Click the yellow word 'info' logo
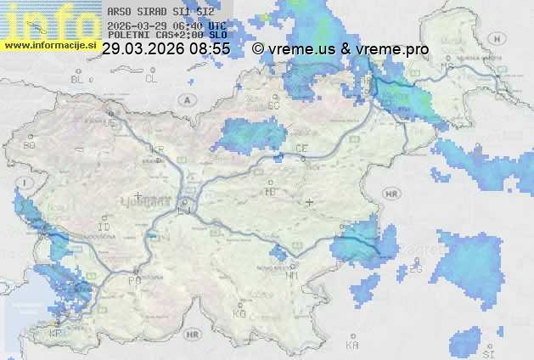coord(47,19)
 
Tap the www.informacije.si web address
coord(50,44)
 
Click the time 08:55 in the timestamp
coord(210,49)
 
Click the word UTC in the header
coord(217,25)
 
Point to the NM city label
coord(293,275)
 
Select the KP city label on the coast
coord(55,334)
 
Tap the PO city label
coord(133,280)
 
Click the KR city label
coord(156,149)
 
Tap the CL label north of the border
coord(151,79)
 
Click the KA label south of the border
coord(352,346)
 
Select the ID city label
coord(104,228)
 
